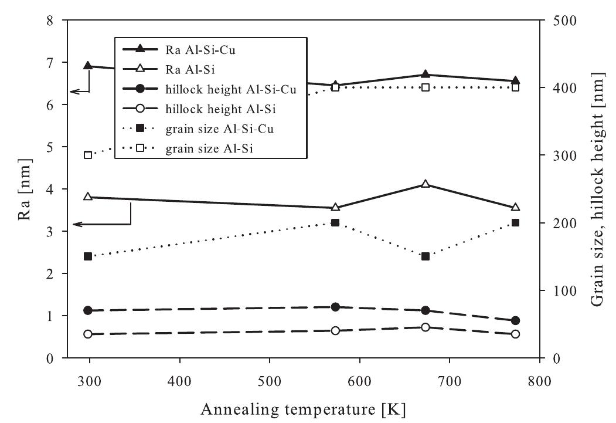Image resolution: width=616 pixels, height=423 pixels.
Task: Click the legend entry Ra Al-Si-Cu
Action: point(194,50)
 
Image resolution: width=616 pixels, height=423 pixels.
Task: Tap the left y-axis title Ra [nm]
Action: point(23,189)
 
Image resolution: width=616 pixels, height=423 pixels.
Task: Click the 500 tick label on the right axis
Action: point(564,21)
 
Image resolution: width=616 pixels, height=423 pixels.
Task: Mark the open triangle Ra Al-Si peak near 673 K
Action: point(426,185)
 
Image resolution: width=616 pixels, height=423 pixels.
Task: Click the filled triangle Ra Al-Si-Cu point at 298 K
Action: point(88,66)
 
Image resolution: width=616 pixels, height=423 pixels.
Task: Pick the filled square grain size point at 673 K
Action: point(426,256)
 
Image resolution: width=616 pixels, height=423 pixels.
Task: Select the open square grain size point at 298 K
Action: point(88,155)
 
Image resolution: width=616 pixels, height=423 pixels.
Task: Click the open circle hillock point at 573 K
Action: point(335,331)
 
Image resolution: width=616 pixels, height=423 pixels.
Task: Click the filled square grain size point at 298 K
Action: point(88,256)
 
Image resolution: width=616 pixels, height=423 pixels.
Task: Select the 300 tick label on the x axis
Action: point(89,380)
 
